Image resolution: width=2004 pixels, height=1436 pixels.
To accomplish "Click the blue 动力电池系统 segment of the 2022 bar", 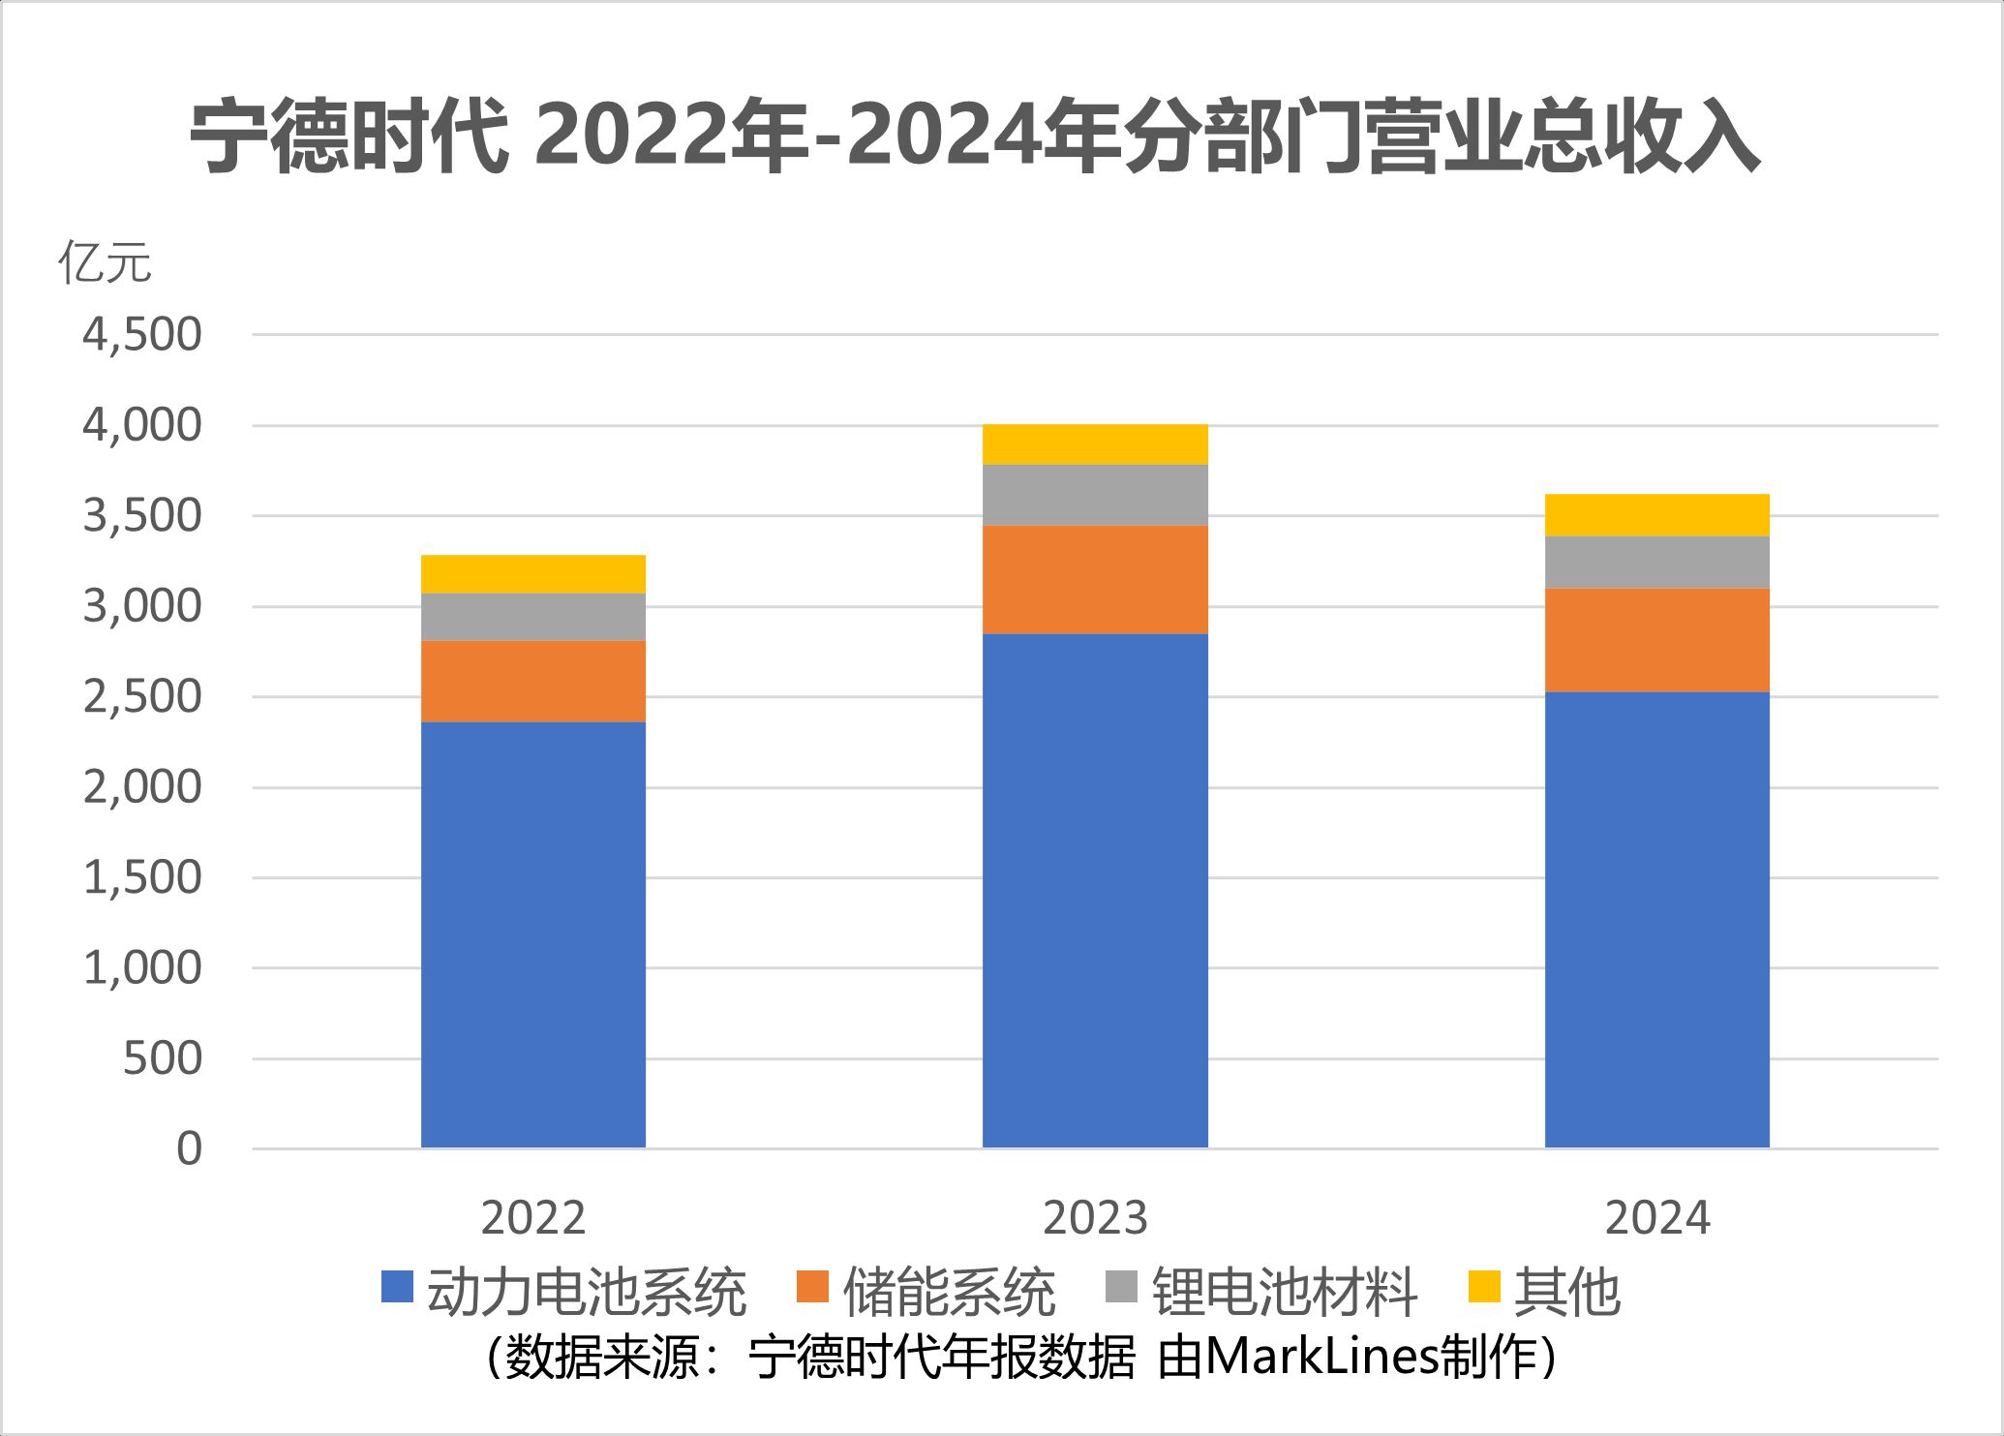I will [x=533, y=934].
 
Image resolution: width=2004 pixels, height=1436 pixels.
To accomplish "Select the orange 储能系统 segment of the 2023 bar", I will [x=1095, y=579].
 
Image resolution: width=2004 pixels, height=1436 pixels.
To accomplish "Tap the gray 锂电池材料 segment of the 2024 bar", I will [x=1656, y=562].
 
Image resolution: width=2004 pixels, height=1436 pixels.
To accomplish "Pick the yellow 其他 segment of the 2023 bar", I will [x=1095, y=444].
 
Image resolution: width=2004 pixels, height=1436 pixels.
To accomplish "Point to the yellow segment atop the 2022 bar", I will [x=533, y=573].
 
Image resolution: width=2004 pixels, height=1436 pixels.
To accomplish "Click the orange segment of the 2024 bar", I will [x=1656, y=639].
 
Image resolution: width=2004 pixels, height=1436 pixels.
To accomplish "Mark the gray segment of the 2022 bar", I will [x=533, y=616].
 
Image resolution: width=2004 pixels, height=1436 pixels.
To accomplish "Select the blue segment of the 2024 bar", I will [x=1656, y=920].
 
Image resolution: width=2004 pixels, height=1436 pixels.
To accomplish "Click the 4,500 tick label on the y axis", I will [x=142, y=335].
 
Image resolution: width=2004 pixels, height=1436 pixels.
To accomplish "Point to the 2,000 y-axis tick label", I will [x=142, y=787].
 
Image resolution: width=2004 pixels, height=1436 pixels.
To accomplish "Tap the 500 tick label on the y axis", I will [x=163, y=1058].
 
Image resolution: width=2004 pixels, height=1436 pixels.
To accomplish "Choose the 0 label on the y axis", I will [x=190, y=1149].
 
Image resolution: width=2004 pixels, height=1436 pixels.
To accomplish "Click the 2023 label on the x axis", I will [x=1095, y=1218].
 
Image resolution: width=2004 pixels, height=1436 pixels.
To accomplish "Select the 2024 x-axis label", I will [x=1656, y=1218].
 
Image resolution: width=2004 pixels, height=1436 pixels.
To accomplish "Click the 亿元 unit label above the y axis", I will [x=105, y=261].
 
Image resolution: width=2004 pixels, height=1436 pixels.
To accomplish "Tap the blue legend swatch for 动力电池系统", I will [x=397, y=1287].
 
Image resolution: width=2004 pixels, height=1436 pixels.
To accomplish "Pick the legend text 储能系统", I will [x=949, y=1291].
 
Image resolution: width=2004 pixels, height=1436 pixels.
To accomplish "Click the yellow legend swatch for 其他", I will [x=1484, y=1287].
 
